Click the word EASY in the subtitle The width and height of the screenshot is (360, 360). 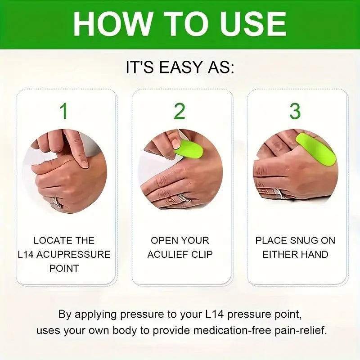point(180,68)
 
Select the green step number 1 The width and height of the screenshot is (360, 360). point(64,111)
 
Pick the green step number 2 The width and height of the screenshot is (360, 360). point(180,111)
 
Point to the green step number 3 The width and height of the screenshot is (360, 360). point(295,111)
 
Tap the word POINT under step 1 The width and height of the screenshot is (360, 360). point(64,268)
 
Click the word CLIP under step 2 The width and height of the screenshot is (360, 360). point(201,254)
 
